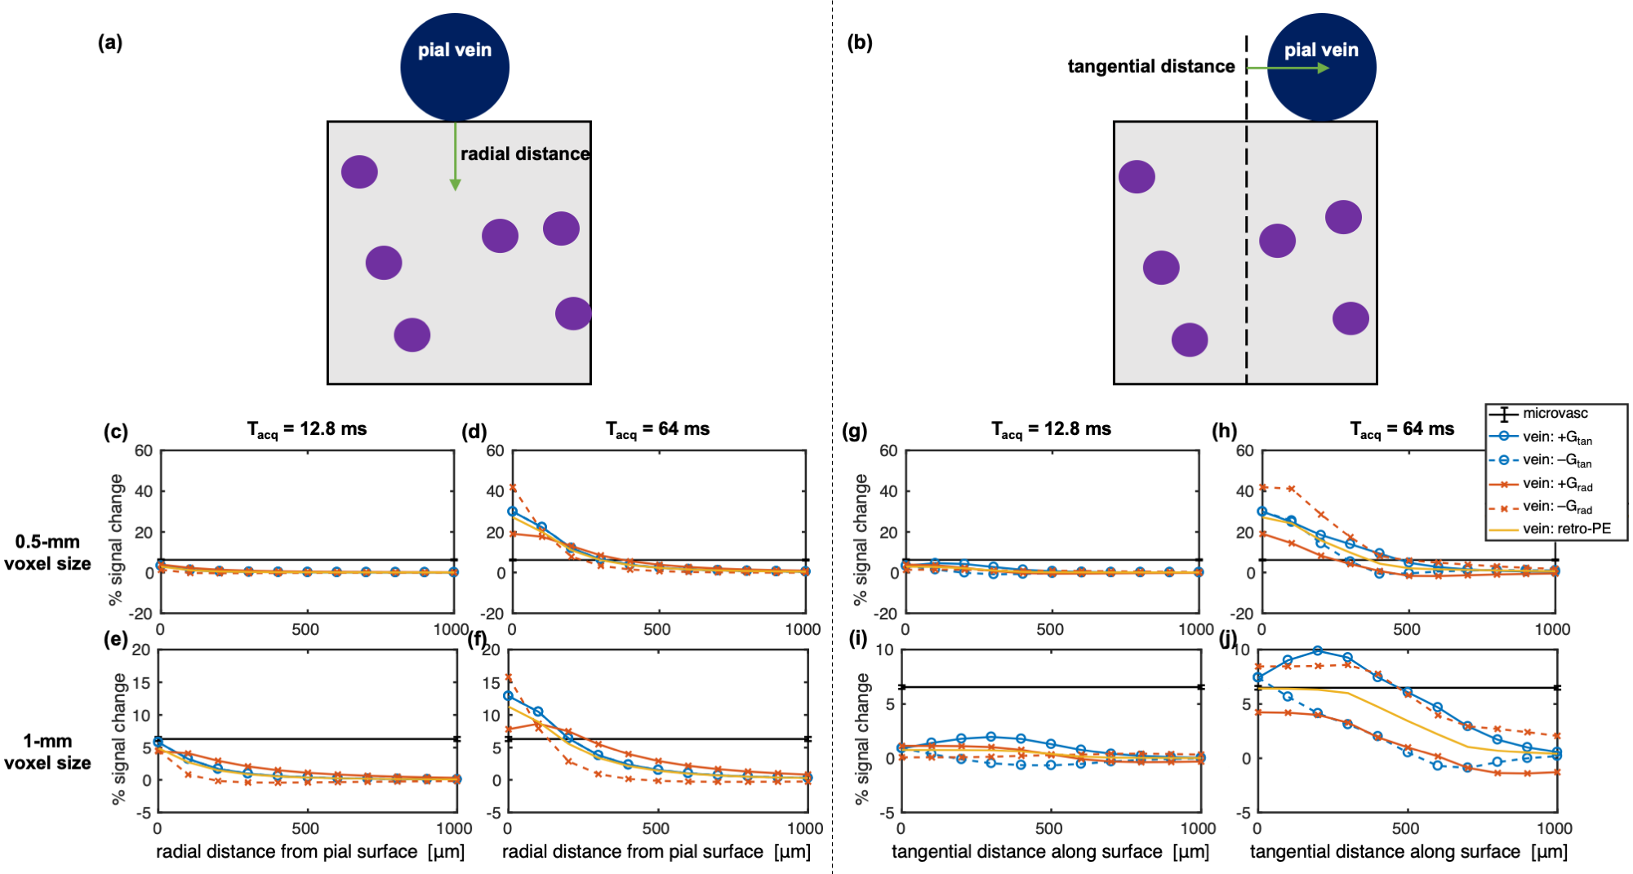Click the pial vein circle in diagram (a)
tap(455, 67)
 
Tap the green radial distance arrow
tap(456, 156)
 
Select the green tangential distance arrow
tap(1288, 68)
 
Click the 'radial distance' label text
tap(524, 153)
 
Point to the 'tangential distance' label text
tap(1150, 66)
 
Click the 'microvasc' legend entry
tap(1555, 413)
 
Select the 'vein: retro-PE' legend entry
tap(1566, 529)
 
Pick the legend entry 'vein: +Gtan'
tap(1556, 437)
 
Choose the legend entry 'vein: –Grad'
tap(1556, 507)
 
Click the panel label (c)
tap(115, 432)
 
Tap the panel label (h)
tap(1224, 430)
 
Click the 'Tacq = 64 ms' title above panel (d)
tap(657, 429)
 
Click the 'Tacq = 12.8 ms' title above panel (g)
tap(1051, 429)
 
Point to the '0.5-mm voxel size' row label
tap(47, 552)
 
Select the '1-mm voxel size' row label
tap(47, 752)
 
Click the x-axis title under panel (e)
tap(309, 851)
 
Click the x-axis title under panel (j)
tap(1408, 851)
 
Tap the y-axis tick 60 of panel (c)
tap(143, 450)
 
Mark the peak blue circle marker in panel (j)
tap(1317, 650)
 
